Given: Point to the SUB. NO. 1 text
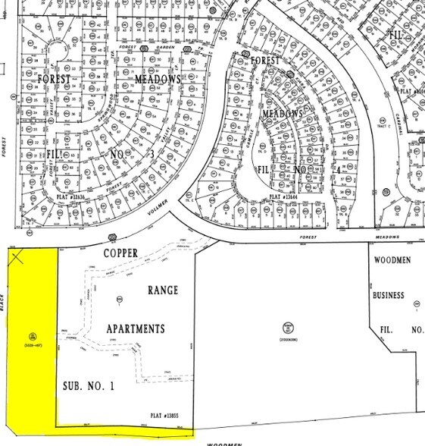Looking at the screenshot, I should tap(89, 385).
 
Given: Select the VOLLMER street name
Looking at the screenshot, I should tap(152, 223).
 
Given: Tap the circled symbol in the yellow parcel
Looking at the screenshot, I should tap(33, 336).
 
